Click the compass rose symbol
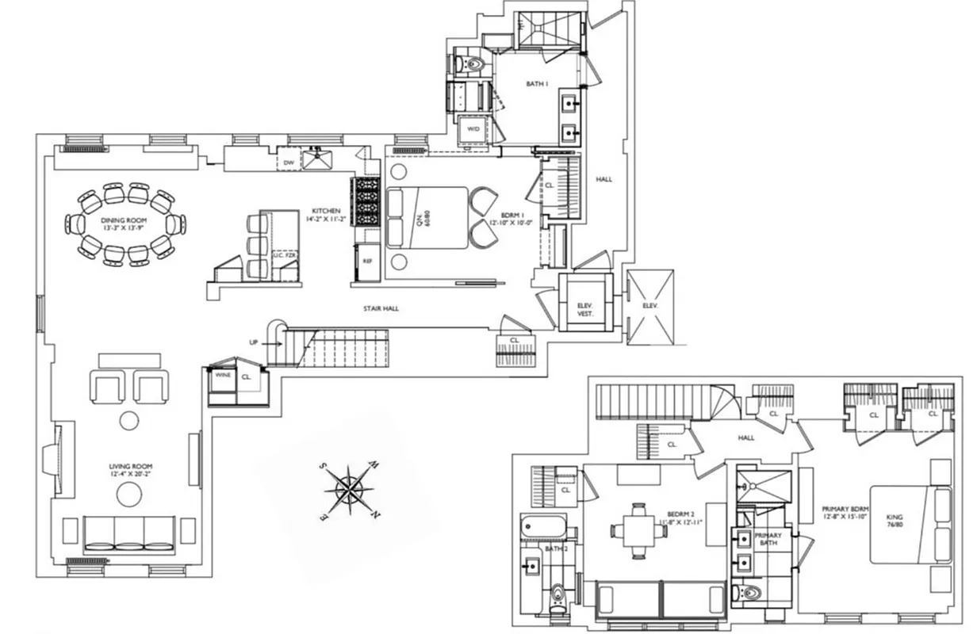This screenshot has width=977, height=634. tap(349, 490)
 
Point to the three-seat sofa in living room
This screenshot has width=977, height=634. tap(129, 534)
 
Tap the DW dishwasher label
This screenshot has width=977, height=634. tap(289, 162)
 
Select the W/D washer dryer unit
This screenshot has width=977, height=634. tap(473, 128)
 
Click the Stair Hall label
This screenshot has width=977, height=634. tap(377, 308)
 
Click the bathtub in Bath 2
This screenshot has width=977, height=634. tap(544, 529)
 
